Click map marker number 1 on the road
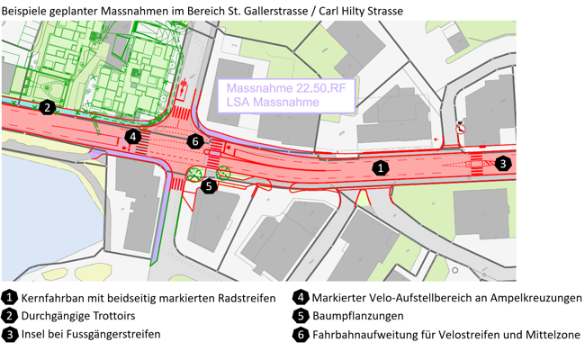pos(382,167)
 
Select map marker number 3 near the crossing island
pos(503,163)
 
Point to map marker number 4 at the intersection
pos(132,137)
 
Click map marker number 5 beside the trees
pos(209,186)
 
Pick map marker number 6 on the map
pos(195,141)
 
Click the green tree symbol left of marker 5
pos(193,173)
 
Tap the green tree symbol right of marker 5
pos(224,172)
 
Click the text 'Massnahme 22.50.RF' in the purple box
pos(285,89)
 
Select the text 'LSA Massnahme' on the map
pos(273,103)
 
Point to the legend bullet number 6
pos(301,334)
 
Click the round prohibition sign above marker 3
pos(460,128)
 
